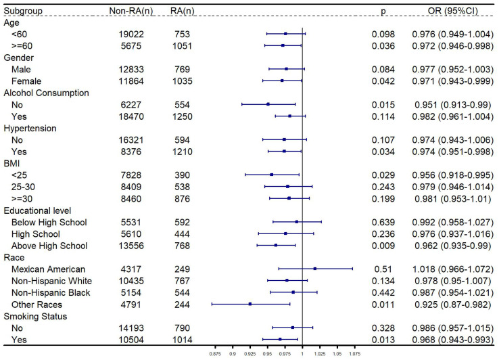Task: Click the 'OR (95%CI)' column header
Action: coord(452,11)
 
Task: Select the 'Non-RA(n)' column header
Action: coord(130,11)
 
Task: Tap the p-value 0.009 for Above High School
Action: coord(383,246)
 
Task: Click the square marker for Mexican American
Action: coord(314,269)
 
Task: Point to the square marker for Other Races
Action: coord(250,304)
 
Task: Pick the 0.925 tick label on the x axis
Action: coord(249,354)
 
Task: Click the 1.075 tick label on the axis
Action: coord(355,354)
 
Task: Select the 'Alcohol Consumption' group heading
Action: coord(46,93)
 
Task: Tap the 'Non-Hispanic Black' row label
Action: coord(51,292)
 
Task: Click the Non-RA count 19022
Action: coord(131,34)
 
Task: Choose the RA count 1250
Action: coord(182,116)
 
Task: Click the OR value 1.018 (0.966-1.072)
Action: coord(453,269)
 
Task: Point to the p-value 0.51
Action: coord(383,269)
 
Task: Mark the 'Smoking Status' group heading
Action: coord(35,317)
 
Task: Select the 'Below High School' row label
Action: coord(49,222)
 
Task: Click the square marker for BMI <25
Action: coord(271,175)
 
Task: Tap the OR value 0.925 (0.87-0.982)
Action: coord(453,305)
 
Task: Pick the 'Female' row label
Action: coord(26,81)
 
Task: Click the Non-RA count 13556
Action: coord(131,246)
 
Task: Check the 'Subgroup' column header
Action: coord(23,11)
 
